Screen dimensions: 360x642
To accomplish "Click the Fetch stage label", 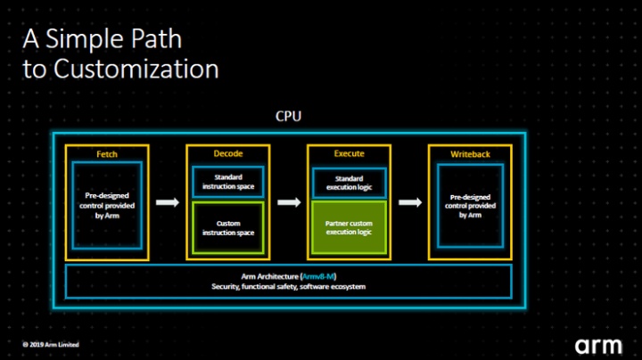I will [x=107, y=154].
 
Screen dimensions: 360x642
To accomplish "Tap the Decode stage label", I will [x=228, y=154].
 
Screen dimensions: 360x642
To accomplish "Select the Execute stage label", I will [x=349, y=154].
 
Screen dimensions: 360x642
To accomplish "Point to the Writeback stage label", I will [x=470, y=154].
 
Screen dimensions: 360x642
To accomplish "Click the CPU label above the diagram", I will [x=288, y=117].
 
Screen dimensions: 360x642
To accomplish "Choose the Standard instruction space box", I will [x=228, y=182].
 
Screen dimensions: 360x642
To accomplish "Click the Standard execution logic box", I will [x=349, y=182].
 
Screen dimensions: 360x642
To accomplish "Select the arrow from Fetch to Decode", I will [x=168, y=203].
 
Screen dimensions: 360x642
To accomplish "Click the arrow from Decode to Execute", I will [x=288, y=203].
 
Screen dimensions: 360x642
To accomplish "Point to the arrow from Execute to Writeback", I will [x=409, y=203].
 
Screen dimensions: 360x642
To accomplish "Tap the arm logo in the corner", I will [x=598, y=343].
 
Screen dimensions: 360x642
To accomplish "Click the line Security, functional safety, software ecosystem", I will [x=288, y=287].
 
